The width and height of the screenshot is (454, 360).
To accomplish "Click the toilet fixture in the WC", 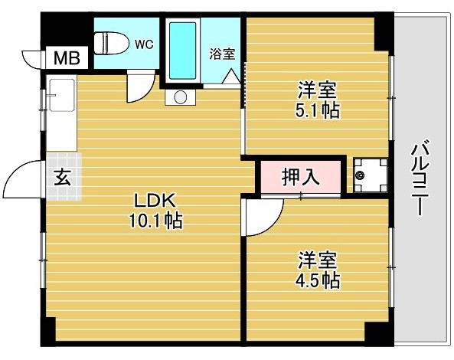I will [109, 43].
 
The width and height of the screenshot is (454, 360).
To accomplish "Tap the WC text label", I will [144, 44].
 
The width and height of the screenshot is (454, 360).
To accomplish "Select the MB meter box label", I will [64, 59].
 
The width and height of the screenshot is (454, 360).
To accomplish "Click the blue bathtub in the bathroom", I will [182, 49].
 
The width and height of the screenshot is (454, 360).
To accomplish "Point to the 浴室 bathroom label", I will [222, 54].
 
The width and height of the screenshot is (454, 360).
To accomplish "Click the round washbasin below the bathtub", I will [180, 97].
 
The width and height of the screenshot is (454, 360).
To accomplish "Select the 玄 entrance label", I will [62, 177].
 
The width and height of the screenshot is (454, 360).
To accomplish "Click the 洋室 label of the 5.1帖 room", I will [318, 89].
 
